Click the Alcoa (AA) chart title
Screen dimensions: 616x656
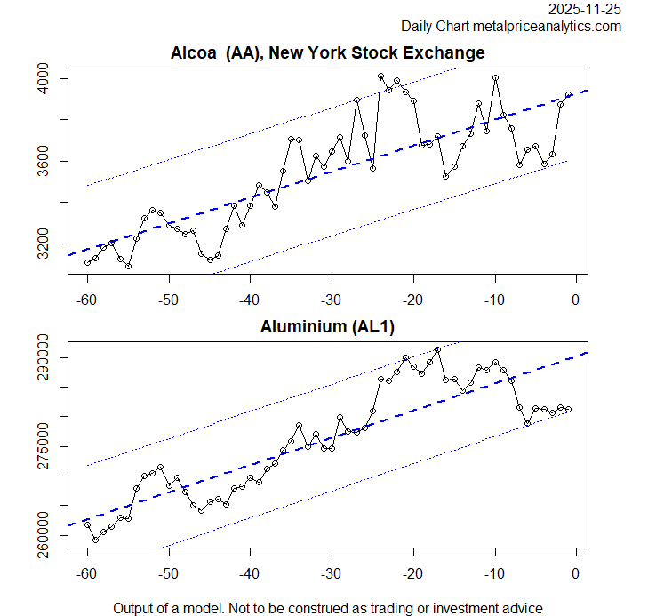coord(327,53)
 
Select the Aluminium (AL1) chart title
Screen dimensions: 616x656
coord(327,327)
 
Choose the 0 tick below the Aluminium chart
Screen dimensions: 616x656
coord(576,572)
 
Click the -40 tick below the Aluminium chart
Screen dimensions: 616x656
coord(250,572)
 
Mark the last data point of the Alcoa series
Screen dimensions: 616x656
coord(569,94)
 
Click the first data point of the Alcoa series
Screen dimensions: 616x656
coord(87,262)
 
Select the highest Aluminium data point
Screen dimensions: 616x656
coord(437,350)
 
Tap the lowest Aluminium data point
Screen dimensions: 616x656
coord(95,540)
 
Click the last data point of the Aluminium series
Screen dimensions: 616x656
coord(569,409)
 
